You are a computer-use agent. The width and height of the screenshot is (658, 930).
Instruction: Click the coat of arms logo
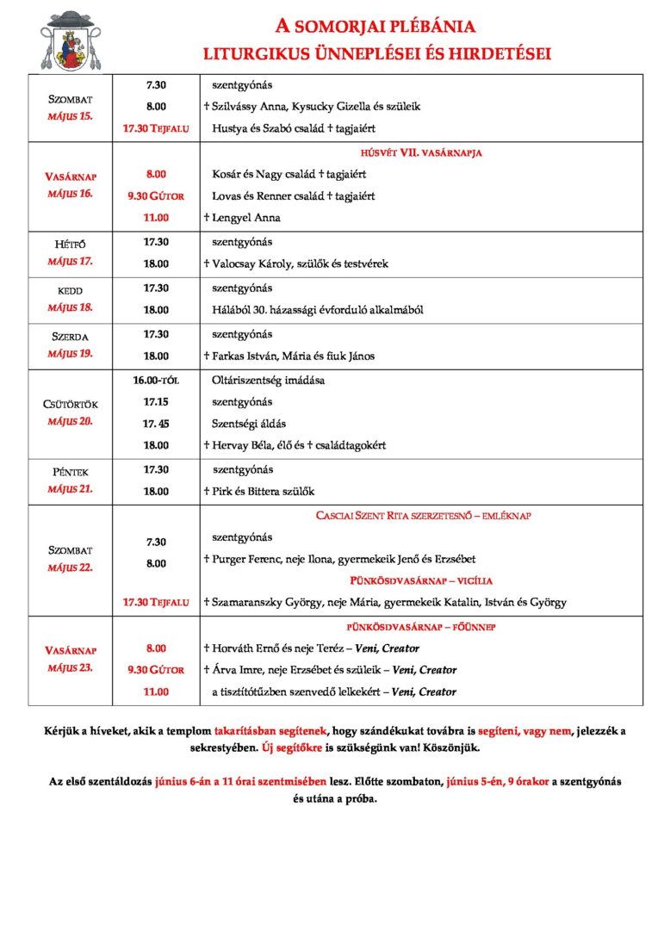(71, 42)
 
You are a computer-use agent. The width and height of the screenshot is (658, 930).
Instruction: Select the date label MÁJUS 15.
(71, 115)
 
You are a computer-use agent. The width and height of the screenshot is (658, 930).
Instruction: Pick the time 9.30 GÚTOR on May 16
(156, 196)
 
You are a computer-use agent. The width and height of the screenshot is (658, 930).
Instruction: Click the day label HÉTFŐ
(71, 245)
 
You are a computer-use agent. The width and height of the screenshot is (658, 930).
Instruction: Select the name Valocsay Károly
(263, 264)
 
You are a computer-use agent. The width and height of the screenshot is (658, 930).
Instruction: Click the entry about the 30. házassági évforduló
(317, 310)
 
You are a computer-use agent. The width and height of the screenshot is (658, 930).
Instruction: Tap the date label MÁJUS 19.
(71, 353)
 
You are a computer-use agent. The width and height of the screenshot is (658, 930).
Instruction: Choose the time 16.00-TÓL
(156, 380)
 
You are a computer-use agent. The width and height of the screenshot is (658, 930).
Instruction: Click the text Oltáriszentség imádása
(268, 380)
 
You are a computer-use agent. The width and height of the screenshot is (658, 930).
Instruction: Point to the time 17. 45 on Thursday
(156, 424)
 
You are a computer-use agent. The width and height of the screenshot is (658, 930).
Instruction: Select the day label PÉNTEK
(71, 472)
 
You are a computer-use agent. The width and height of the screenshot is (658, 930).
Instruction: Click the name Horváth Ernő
(249, 648)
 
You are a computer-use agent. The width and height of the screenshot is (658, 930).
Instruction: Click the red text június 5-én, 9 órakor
(498, 783)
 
